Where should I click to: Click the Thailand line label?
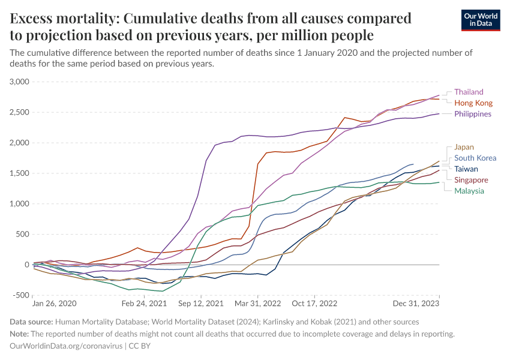[x=469, y=92]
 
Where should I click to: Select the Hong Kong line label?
[x=473, y=103]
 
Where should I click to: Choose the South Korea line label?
[x=475, y=158]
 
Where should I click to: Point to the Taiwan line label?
[x=466, y=169]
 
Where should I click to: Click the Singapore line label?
[x=471, y=180]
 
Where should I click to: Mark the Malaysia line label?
[x=469, y=191]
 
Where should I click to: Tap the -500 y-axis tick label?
[x=20, y=295]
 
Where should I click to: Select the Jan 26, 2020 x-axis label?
[x=55, y=304]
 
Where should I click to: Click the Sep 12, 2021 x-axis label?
[x=199, y=304]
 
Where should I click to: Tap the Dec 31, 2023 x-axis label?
[x=418, y=304]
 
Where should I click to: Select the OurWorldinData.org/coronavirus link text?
[x=66, y=346]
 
